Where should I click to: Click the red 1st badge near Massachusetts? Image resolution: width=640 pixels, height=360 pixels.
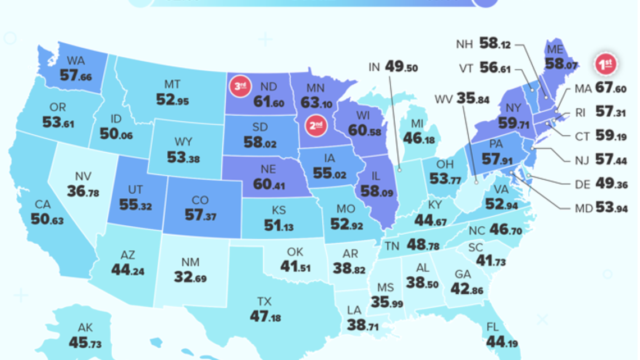click(x=606, y=65)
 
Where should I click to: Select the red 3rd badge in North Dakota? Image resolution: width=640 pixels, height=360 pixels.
click(x=240, y=86)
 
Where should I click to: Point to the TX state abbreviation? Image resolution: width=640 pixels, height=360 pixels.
click(x=264, y=301)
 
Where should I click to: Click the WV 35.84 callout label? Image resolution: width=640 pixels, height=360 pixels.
click(x=462, y=100)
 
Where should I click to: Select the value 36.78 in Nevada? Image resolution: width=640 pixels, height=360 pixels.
click(x=83, y=192)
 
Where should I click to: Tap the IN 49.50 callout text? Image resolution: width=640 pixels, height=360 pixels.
click(x=393, y=67)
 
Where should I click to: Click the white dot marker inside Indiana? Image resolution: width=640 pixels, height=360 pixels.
click(x=400, y=168)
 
